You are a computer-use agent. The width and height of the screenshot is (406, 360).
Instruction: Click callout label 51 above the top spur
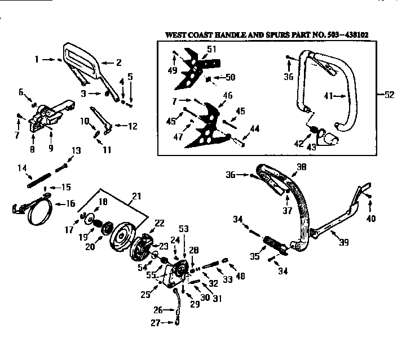click(211, 49)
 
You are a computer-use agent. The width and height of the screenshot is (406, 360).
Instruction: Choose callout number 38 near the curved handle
click(301, 167)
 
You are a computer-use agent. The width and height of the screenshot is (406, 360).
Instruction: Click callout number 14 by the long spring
click(22, 167)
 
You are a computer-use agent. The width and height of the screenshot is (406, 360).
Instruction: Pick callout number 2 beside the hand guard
click(119, 63)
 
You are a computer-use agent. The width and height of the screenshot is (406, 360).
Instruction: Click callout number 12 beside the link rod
click(133, 126)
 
